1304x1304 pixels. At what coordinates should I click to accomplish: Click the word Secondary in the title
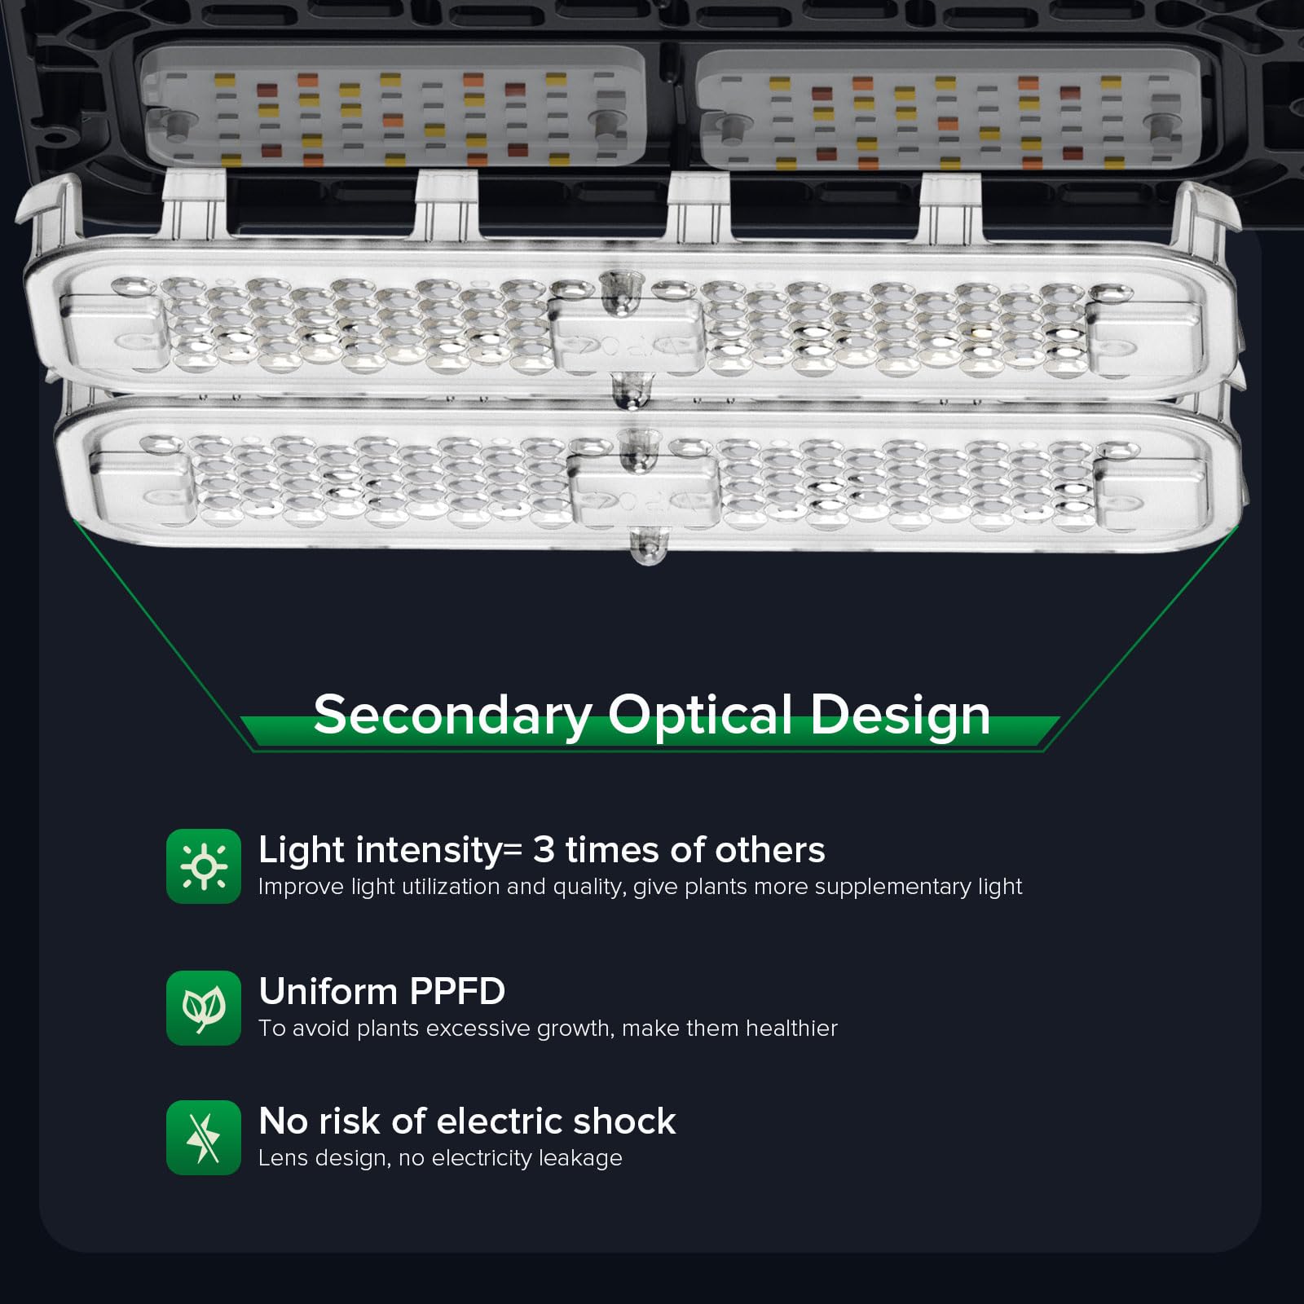pyautogui.click(x=452, y=715)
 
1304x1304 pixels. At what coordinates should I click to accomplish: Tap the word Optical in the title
pyautogui.click(x=700, y=715)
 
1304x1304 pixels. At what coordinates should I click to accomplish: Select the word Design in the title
pyautogui.click(x=900, y=715)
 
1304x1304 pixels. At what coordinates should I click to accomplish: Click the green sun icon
pyautogui.click(x=204, y=866)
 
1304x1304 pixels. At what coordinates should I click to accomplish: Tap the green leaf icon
pyautogui.click(x=204, y=1008)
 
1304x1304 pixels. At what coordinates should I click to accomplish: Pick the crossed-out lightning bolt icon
pyautogui.click(x=204, y=1138)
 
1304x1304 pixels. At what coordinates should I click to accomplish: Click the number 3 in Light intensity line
pyautogui.click(x=544, y=850)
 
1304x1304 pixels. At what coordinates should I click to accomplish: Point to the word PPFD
pyautogui.click(x=457, y=992)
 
